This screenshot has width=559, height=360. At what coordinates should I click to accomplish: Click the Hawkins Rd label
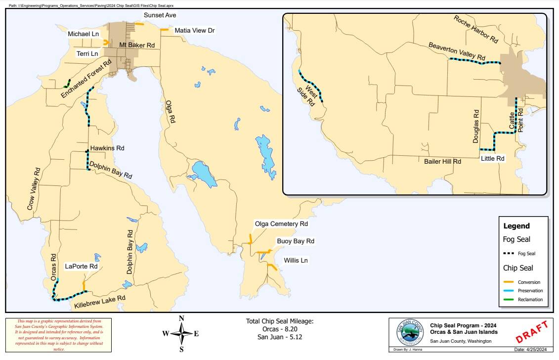tap(107, 148)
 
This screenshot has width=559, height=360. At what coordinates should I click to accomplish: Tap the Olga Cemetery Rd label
tap(281, 224)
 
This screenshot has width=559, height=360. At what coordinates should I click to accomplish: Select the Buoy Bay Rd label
tap(295, 241)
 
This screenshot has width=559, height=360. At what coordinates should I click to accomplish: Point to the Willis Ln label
tap(296, 260)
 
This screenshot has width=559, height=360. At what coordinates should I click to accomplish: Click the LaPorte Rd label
tap(81, 266)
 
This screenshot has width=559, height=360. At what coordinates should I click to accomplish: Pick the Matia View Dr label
tap(195, 31)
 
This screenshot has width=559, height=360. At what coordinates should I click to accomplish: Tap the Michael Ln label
tap(84, 34)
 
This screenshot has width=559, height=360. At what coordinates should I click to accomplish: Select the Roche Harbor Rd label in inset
tap(475, 29)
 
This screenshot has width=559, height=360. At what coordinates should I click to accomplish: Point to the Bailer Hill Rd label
tap(442, 161)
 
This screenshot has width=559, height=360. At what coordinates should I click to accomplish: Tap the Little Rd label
tap(492, 159)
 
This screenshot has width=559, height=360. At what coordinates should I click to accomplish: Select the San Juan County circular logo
tap(410, 333)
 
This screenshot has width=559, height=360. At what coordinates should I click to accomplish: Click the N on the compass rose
tap(181, 318)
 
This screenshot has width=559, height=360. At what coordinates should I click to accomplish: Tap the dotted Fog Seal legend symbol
tap(512, 254)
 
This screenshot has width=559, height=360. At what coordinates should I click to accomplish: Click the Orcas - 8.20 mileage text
tap(280, 329)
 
